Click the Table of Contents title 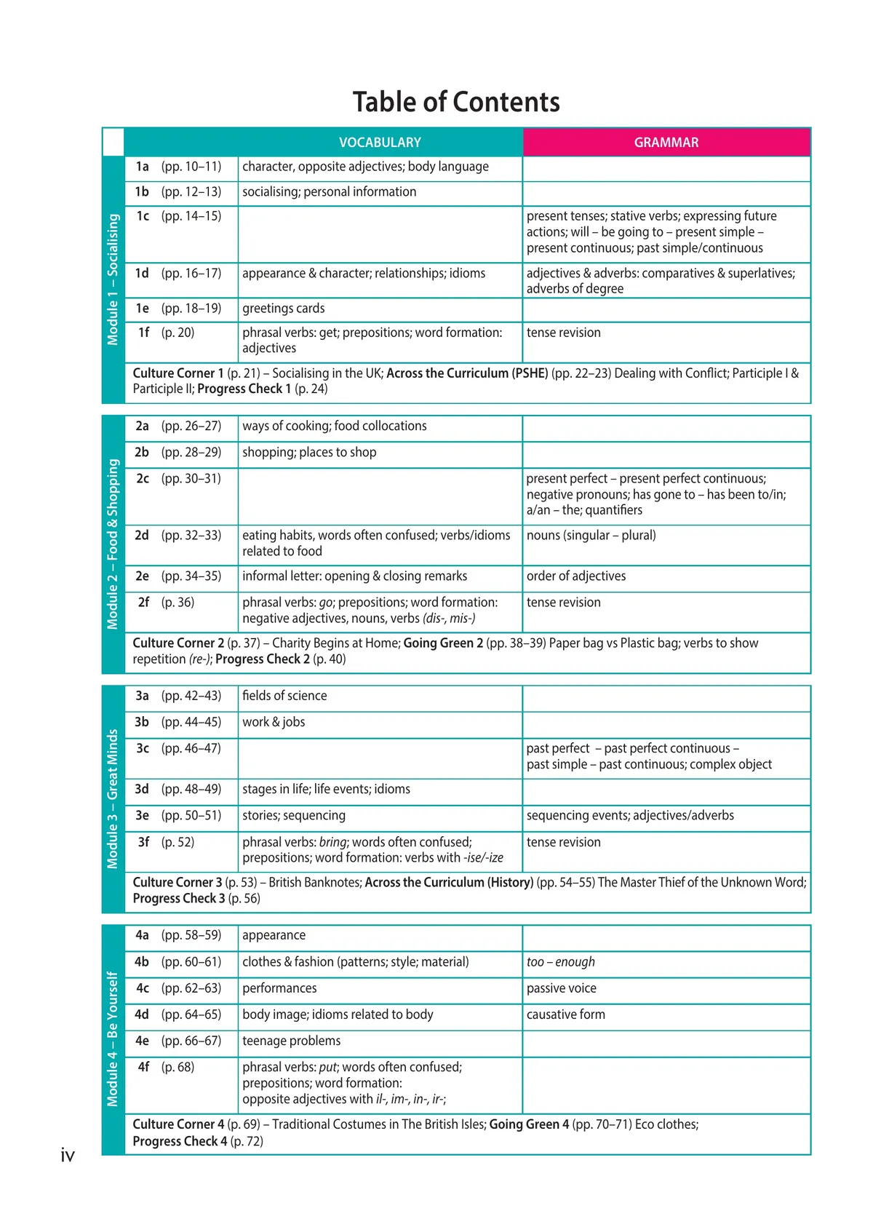pos(456,102)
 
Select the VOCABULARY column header pos(380,143)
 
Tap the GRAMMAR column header pos(666,143)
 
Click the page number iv pos(68,1155)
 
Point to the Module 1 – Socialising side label pos(113,279)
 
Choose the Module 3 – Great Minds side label pos(113,798)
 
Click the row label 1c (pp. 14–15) pos(178,216)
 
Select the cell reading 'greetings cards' pos(284,309)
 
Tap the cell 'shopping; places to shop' pos(309,453)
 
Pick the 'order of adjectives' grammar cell pos(576,576)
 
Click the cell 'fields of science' pos(284,696)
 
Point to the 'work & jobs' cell pos(274,722)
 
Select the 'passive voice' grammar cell pos(562,988)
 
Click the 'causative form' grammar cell pos(566,1014)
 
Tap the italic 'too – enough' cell pos(561,962)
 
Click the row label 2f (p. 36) pos(166,603)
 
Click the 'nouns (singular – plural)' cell pos(591,536)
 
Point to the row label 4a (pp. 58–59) pos(178,935)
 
